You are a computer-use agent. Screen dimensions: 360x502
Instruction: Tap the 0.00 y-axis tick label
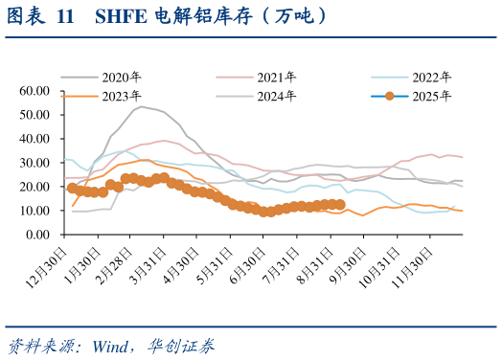[37, 235]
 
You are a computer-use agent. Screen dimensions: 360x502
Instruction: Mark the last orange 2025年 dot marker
[340, 204]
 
